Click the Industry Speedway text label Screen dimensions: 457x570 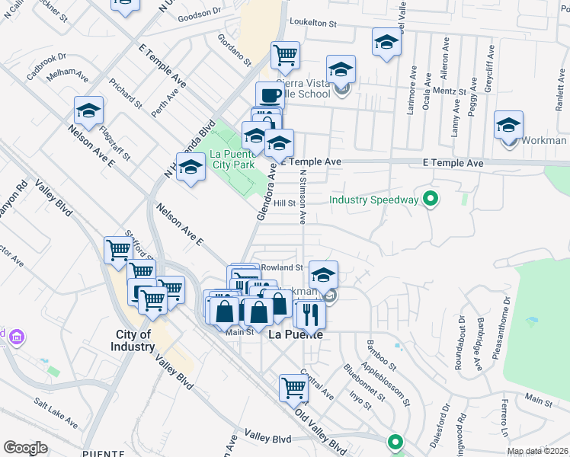click(373, 200)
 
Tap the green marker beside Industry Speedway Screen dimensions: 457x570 click(431, 200)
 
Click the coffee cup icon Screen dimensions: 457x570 click(270, 96)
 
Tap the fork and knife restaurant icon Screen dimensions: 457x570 click(310, 314)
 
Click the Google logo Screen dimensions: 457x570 click(25, 448)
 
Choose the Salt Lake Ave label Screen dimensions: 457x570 click(55, 412)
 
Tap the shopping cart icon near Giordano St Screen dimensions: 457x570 click(285, 54)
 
